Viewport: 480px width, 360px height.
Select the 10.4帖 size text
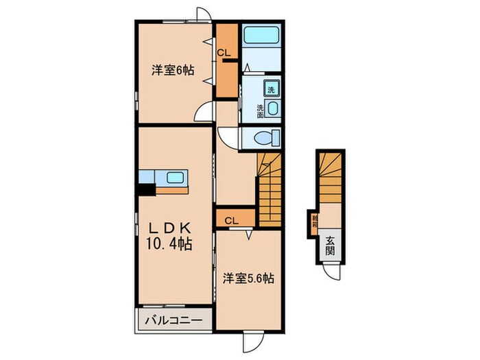(168, 243)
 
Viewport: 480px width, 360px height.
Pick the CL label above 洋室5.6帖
(231, 220)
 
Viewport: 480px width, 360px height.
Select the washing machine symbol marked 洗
(271, 90)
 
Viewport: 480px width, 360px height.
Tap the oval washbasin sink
(272, 108)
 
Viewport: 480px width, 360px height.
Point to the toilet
(263, 138)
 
